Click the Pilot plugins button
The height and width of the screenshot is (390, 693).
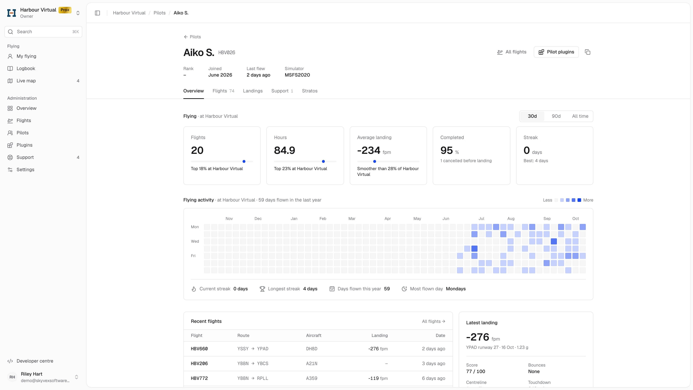tap(556, 52)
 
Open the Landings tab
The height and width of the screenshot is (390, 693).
tap(253, 91)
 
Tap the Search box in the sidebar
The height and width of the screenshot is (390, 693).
tap(43, 32)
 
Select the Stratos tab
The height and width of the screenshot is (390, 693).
tap(310, 91)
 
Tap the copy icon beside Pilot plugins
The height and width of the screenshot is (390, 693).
tap(588, 52)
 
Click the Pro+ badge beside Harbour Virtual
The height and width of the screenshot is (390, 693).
tap(65, 10)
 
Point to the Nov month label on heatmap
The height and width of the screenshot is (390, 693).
tap(229, 218)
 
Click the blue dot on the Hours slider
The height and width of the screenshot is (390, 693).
tap(323, 161)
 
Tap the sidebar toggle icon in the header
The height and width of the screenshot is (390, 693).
tap(97, 13)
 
